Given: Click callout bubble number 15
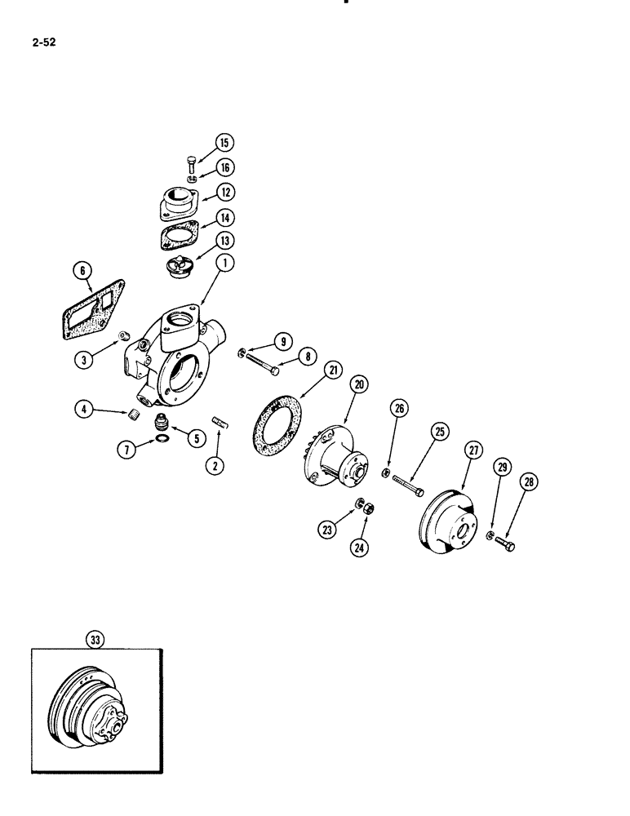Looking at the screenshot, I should coord(224,142).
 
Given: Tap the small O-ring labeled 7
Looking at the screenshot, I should coord(162,439).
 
